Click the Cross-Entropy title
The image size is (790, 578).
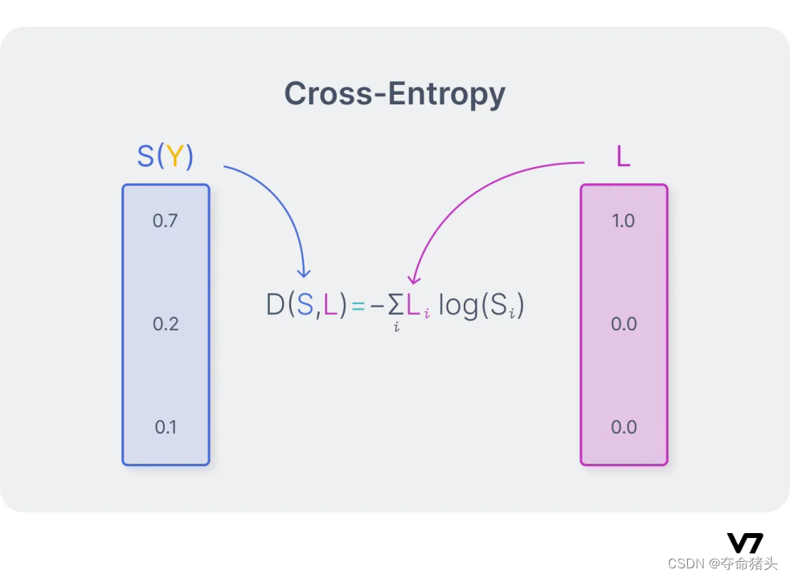pyautogui.click(x=395, y=94)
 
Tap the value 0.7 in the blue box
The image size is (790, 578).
pyautogui.click(x=165, y=221)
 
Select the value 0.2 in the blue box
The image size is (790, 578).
pyautogui.click(x=165, y=324)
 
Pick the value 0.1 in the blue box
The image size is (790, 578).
pyautogui.click(x=166, y=427)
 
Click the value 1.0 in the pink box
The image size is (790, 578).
pyautogui.click(x=624, y=221)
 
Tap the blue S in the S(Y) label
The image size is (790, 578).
pyautogui.click(x=145, y=157)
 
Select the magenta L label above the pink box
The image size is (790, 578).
pyautogui.click(x=623, y=157)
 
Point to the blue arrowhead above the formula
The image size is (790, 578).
pyautogui.click(x=303, y=271)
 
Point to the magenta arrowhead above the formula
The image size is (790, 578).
pyautogui.click(x=413, y=279)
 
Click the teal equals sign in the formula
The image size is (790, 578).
pyautogui.click(x=358, y=307)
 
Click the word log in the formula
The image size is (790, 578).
pyautogui.click(x=457, y=307)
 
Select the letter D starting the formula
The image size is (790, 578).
pyautogui.click(x=276, y=306)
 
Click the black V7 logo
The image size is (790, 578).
pyautogui.click(x=745, y=543)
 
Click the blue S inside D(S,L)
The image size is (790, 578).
pyautogui.click(x=305, y=306)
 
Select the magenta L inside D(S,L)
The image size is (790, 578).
pyautogui.click(x=330, y=306)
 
